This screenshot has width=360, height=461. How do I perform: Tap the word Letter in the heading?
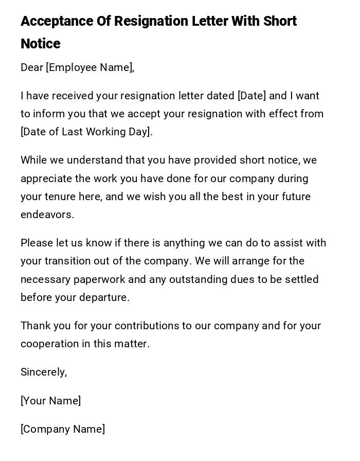[210, 22]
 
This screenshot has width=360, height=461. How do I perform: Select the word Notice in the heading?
[41, 44]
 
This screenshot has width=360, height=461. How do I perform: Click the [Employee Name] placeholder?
[90, 67]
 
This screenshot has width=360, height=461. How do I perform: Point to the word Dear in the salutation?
[32, 67]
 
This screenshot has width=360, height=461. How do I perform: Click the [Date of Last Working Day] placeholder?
[86, 132]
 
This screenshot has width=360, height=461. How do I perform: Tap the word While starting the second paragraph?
[34, 160]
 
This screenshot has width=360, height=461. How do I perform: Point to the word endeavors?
[47, 215]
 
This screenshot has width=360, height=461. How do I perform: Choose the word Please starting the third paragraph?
[37, 243]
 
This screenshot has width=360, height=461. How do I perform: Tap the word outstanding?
[200, 279]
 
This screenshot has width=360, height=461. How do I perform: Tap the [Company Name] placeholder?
[63, 429]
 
